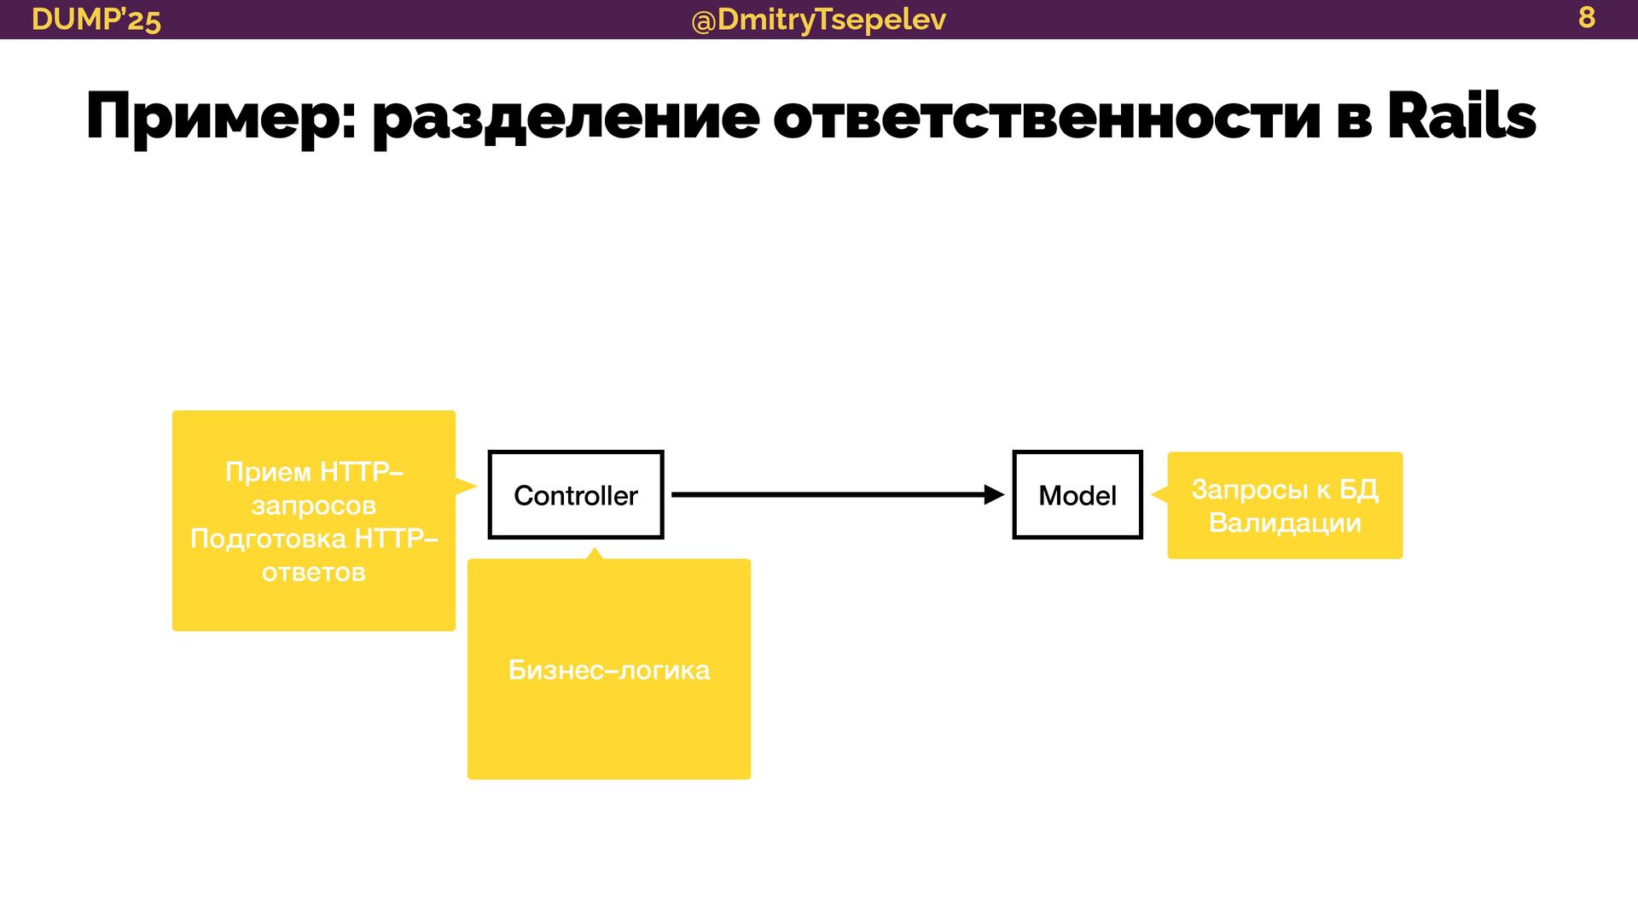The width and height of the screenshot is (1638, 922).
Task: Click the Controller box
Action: [576, 495]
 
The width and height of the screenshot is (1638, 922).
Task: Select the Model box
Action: [1077, 495]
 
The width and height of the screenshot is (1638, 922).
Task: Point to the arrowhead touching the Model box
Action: [995, 494]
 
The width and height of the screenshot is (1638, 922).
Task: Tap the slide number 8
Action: [1586, 17]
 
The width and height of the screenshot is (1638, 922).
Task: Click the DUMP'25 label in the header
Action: [96, 19]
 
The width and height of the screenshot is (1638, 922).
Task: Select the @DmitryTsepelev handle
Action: [818, 19]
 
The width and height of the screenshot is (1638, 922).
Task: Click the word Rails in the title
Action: [1461, 116]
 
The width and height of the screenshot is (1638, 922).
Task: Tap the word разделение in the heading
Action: [566, 118]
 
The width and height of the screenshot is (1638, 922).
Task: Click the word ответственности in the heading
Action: [1047, 118]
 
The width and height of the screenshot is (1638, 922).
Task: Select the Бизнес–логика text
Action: [608, 670]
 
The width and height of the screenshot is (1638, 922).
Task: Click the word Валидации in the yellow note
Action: [1285, 522]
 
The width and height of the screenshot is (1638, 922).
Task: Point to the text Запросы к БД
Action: [1285, 489]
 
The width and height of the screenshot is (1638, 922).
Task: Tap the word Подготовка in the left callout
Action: [268, 539]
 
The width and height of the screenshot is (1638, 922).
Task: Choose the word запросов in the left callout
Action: [314, 505]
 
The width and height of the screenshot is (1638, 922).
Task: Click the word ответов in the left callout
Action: [314, 572]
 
